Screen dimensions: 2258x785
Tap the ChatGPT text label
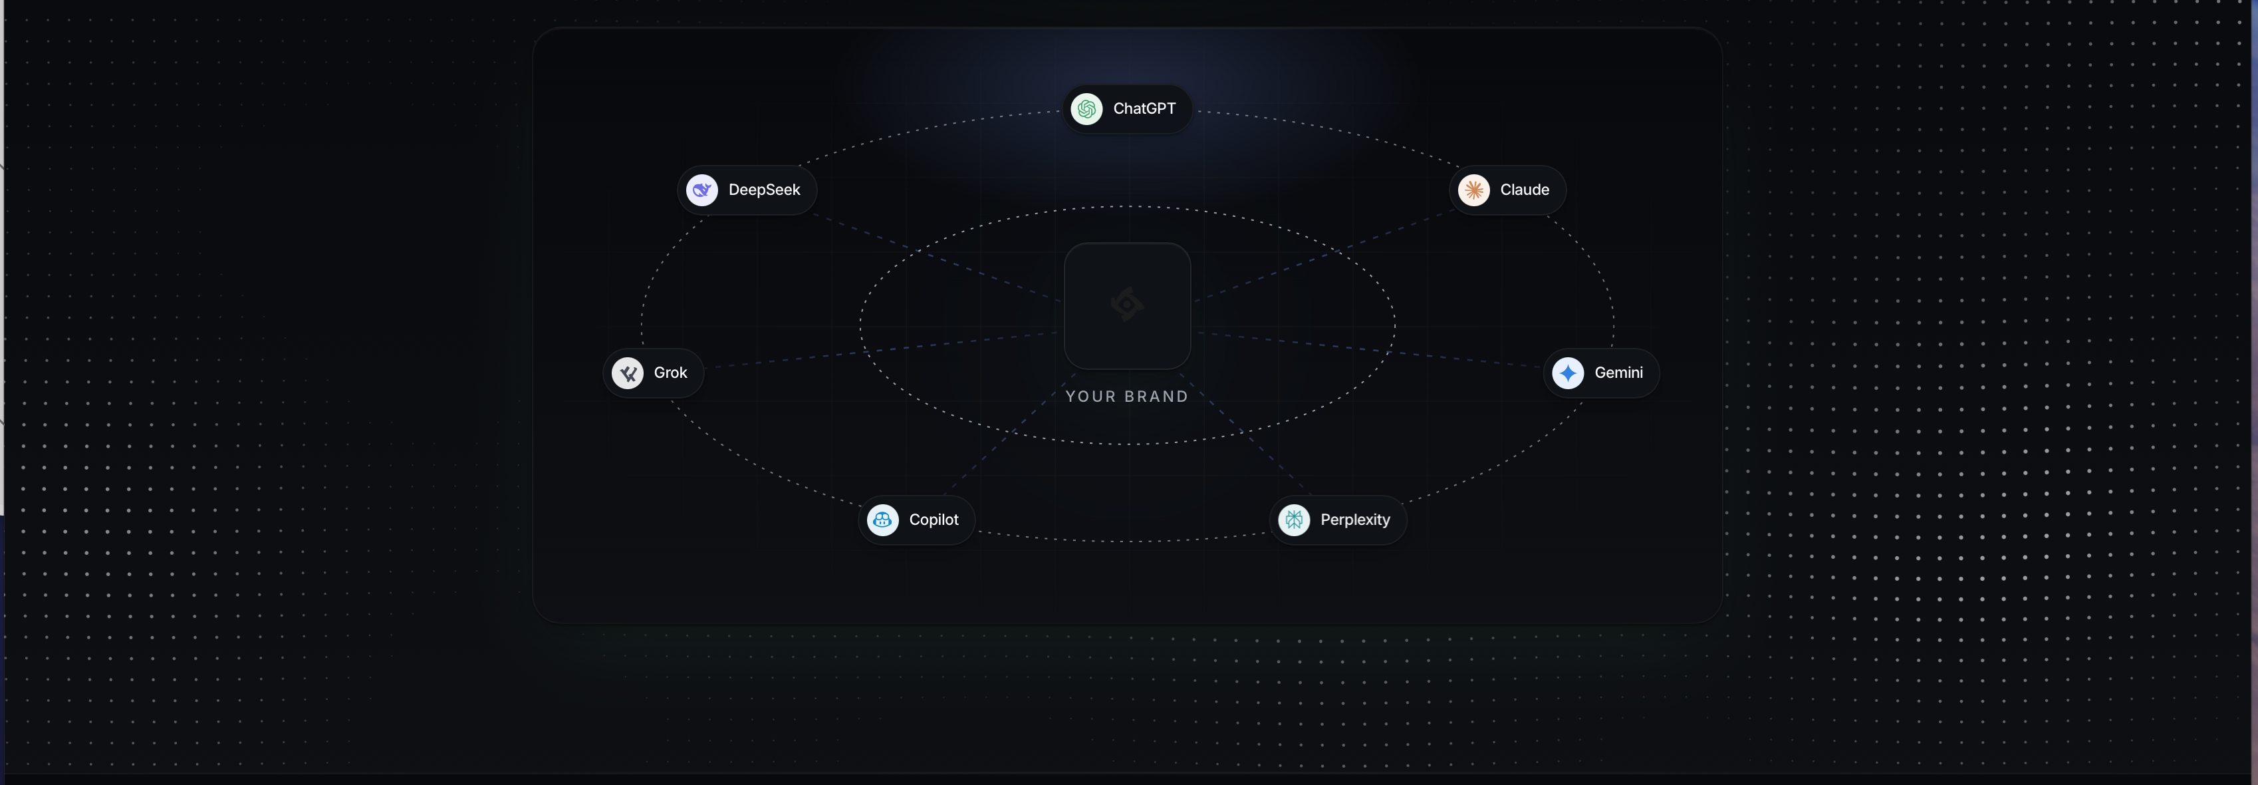pos(1144,108)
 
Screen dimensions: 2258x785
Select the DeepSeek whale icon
pos(702,190)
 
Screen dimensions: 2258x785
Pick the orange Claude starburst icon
pos(1474,190)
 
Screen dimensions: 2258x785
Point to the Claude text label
pos(1525,190)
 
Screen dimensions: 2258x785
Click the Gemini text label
pos(1619,373)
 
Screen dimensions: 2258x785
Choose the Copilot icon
pos(883,520)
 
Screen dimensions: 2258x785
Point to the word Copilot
pos(934,520)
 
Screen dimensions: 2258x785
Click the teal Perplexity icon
pos(1294,520)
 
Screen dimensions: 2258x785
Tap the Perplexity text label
pos(1355,520)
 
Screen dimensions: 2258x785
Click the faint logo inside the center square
pos(1127,304)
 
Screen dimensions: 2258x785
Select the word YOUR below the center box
pos(1090,396)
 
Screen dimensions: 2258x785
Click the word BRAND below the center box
pos(1157,396)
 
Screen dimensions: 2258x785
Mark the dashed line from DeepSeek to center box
pos(938,258)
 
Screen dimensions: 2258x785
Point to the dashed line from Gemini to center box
pos(1369,349)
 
